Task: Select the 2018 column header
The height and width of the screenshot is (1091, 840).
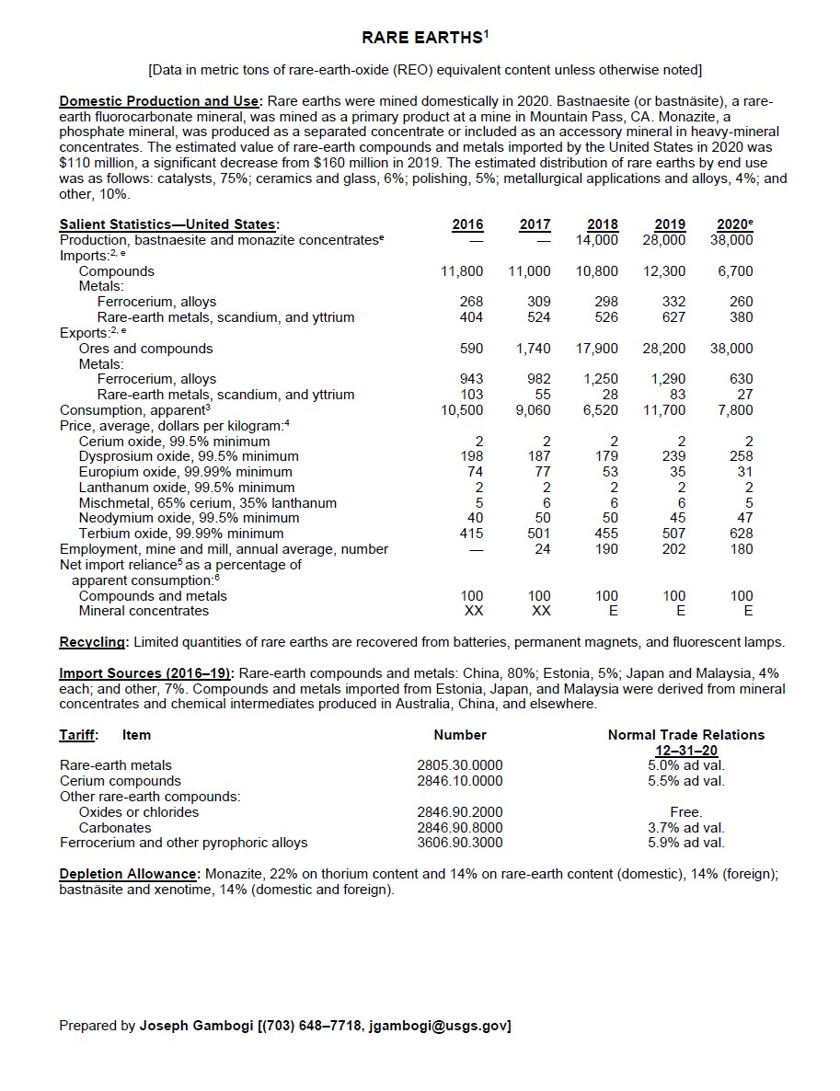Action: pos(603,224)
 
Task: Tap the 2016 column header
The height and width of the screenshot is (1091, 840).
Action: pos(468,224)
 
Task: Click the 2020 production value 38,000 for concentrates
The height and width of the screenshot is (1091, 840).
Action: pos(731,240)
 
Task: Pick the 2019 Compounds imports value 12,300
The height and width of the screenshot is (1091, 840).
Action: pos(664,271)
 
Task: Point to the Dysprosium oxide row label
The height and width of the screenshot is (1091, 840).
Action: pos(189,456)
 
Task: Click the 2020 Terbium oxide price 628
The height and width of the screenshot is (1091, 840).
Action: pos(740,534)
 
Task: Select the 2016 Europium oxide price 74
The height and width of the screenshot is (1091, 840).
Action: pos(476,472)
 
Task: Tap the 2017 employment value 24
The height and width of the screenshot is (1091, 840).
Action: pos(543,549)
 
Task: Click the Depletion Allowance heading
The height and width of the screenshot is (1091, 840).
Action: pos(130,874)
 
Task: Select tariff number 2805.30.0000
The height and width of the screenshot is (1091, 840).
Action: pos(460,765)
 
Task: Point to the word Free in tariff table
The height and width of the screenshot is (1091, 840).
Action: pos(685,812)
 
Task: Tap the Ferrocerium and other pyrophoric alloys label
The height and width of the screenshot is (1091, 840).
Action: pos(184,843)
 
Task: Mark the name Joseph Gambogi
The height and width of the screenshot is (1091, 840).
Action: pos(196,1026)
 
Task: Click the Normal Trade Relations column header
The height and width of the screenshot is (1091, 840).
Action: pos(685,735)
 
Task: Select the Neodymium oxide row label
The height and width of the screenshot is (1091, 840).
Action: pos(189,518)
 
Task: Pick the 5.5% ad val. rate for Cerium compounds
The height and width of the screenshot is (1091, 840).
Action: pos(685,781)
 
